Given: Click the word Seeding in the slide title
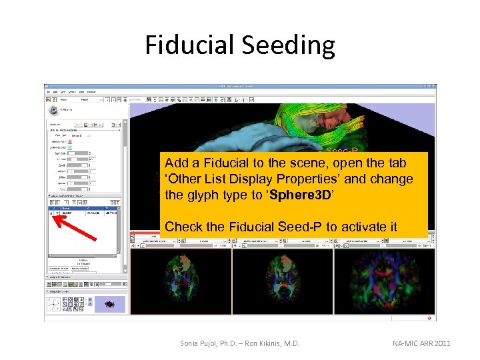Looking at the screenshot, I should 289,45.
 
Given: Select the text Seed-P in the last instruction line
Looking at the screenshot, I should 302,227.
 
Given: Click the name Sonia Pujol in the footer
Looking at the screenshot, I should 203,343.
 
